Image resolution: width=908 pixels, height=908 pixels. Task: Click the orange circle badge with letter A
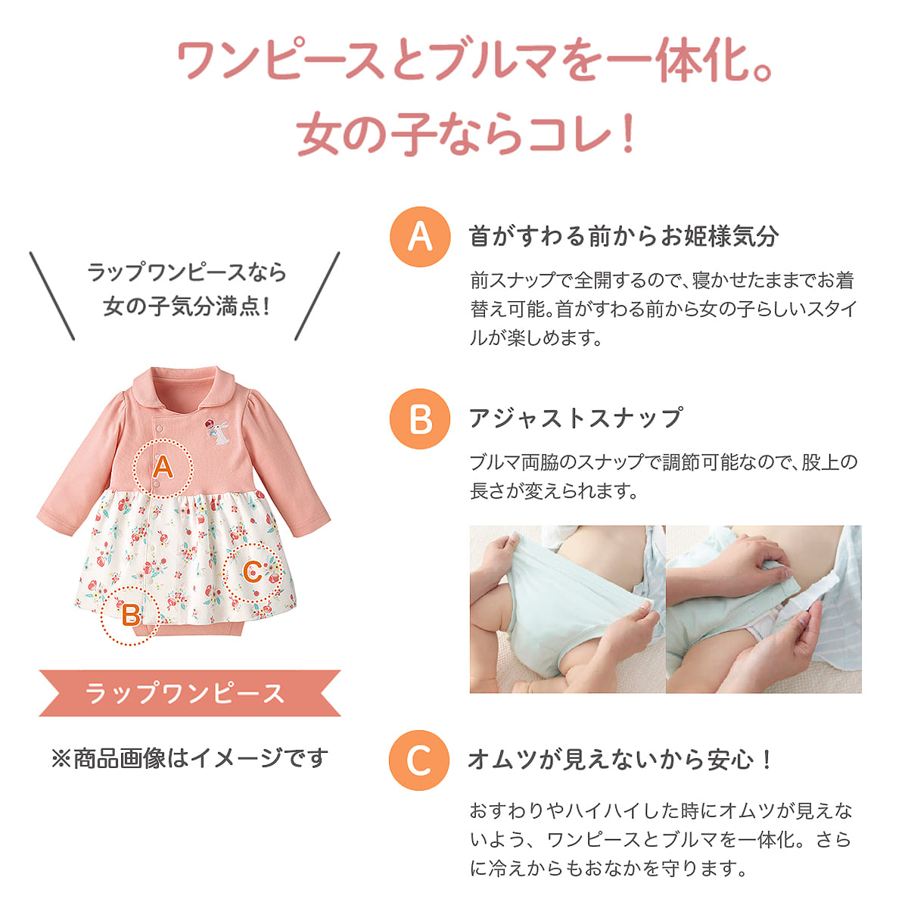click(420, 237)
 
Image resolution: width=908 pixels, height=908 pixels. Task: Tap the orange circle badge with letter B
click(420, 418)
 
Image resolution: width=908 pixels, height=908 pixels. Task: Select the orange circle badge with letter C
click(419, 760)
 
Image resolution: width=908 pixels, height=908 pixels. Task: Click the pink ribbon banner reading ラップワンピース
click(189, 693)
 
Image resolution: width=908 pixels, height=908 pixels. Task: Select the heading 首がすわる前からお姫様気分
click(623, 236)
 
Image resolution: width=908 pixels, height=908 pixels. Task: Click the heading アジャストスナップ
click(576, 418)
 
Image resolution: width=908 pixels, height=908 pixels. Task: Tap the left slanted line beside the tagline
click(52, 296)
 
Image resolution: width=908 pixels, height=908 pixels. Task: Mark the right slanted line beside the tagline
click(317, 296)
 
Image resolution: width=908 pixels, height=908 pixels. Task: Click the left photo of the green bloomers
click(567, 609)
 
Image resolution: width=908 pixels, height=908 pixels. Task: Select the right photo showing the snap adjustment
click(763, 609)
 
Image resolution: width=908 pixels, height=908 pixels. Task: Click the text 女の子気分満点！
click(188, 306)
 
